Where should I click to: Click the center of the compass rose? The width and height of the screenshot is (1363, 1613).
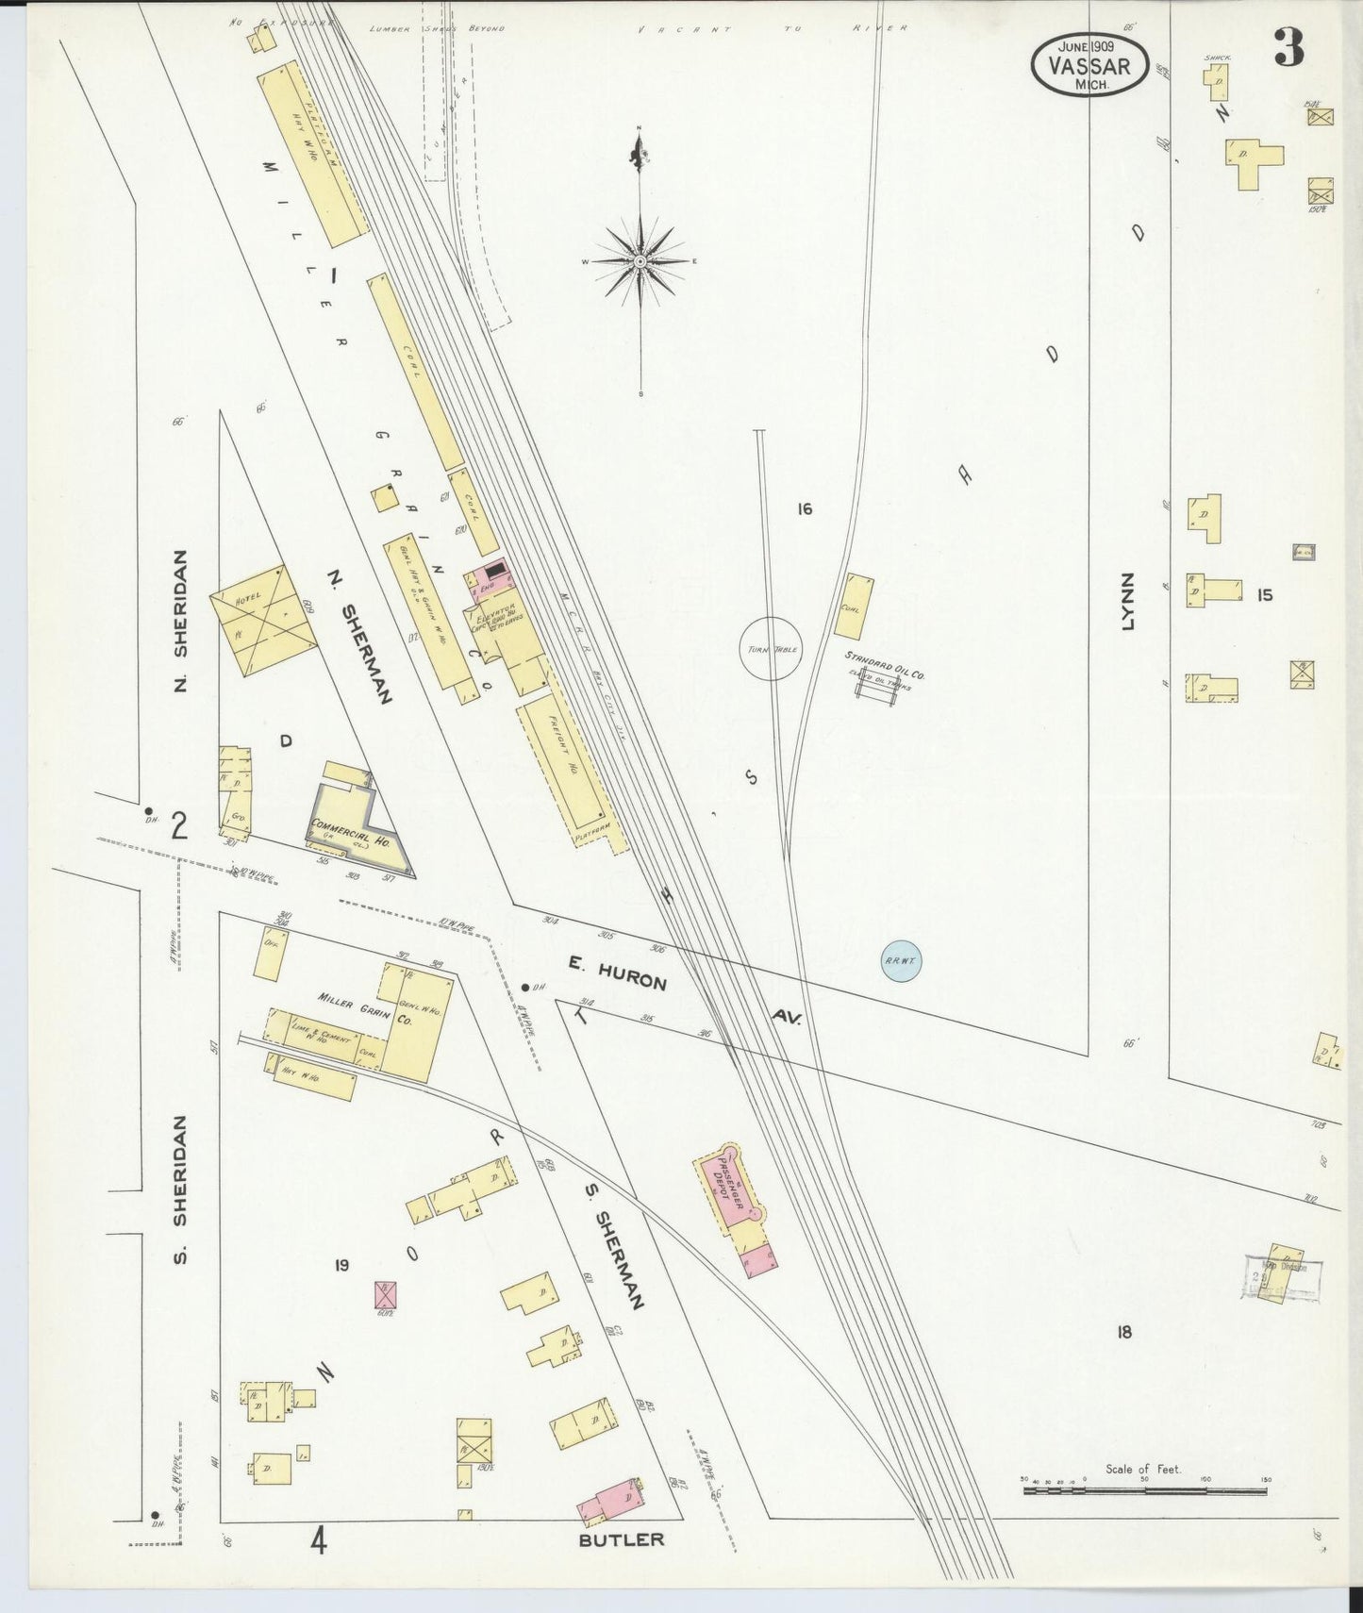(640, 260)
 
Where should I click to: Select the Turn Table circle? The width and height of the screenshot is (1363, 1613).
(771, 649)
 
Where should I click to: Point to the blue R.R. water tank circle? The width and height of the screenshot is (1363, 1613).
(900, 961)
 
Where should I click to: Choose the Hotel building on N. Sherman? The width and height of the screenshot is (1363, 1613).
(260, 620)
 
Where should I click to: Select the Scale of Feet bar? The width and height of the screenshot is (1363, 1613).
(1143, 1491)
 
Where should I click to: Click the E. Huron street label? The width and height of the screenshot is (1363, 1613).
(618, 973)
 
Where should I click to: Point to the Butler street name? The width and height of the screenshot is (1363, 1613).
(621, 1540)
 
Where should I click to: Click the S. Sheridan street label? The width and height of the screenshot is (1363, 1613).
(180, 1189)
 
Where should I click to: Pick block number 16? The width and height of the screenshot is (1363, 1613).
(804, 509)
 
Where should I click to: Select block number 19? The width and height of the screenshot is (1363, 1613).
(341, 1265)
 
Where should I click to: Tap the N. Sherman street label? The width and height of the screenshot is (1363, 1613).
(359, 635)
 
